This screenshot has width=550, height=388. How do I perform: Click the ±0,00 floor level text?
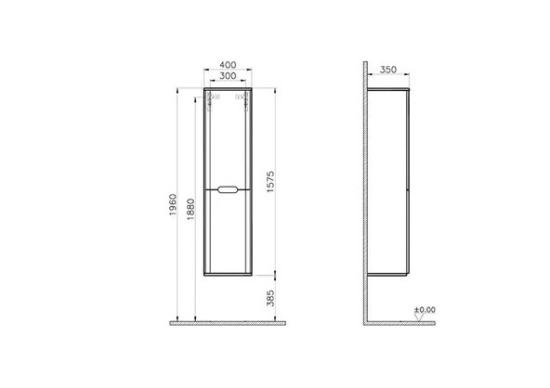pyautogui.click(x=426, y=310)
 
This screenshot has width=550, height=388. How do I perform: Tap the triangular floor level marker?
pyautogui.click(x=419, y=317)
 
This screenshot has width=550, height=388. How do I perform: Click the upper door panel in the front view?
pyautogui.click(x=229, y=139)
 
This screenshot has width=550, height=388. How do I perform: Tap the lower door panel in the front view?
pyautogui.click(x=229, y=237)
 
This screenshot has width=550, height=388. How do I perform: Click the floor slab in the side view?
pyautogui.click(x=409, y=323)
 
